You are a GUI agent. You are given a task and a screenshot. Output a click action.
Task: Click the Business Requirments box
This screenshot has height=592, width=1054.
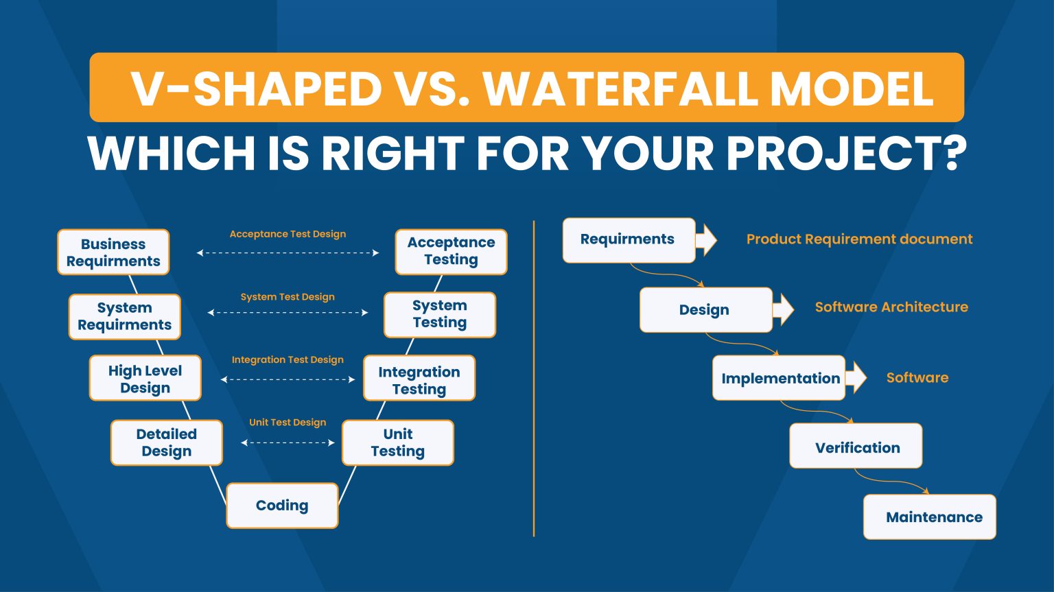[x=113, y=252]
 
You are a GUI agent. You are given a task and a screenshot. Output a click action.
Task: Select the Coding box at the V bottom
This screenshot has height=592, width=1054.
[x=282, y=506]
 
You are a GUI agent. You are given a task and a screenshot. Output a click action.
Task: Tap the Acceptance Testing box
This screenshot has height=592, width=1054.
[x=451, y=251]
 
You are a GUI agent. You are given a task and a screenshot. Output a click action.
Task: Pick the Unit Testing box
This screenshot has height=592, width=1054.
[x=398, y=442]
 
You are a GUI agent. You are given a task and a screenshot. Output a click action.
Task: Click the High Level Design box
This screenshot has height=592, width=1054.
[x=145, y=379]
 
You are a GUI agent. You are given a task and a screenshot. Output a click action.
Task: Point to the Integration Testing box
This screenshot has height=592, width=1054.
[x=419, y=380]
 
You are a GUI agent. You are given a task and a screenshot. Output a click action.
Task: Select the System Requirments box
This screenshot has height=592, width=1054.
[x=124, y=316]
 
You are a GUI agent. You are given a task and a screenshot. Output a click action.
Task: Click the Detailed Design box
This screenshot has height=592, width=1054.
[x=167, y=442]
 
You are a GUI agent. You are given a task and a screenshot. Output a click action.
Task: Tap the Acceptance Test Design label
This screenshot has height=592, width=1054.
[x=288, y=234]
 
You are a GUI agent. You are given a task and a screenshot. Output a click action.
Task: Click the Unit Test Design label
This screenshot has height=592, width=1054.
[x=288, y=423]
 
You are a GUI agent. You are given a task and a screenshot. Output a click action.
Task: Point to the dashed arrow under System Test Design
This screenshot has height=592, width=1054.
[x=288, y=313]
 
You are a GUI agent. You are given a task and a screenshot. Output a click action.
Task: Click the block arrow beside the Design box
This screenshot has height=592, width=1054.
[x=783, y=308]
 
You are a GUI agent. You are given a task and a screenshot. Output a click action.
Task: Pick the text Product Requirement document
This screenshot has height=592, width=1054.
[x=859, y=239]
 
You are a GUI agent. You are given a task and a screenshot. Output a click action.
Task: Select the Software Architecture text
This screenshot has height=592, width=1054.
[x=891, y=307]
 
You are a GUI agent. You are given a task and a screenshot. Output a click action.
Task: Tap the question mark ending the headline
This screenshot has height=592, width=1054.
[x=953, y=154]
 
